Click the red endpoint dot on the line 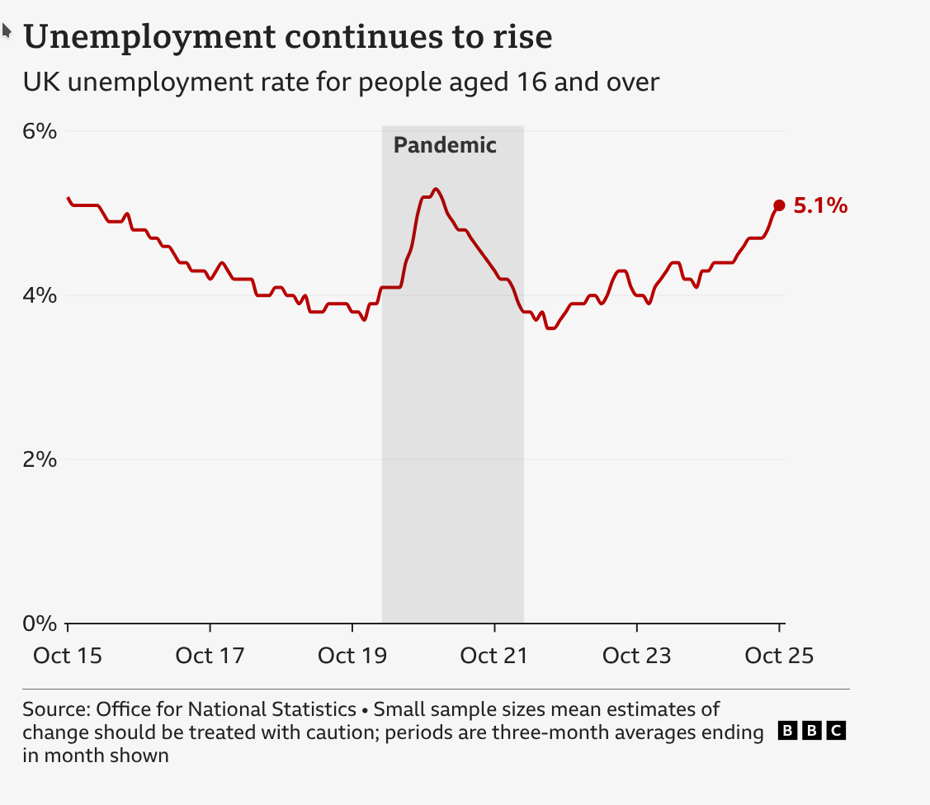pos(779,205)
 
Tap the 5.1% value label pos(820,206)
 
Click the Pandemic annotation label pos(445,146)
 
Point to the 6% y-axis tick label pos(40,131)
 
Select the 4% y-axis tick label pos(40,295)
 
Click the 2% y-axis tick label pos(40,459)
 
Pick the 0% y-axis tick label pos(40,624)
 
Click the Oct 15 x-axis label pos(68,656)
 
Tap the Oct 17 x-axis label pos(210,656)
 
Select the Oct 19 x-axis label pos(352,656)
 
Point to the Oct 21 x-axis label pos(494,656)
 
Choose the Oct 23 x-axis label pos(637,656)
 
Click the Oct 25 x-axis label pos(779,656)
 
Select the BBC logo pos(813,731)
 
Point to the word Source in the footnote pos(56,709)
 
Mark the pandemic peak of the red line pos(436,189)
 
